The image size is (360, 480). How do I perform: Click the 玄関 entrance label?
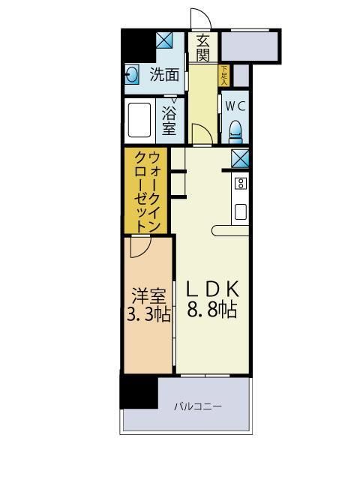pyautogui.click(x=203, y=48)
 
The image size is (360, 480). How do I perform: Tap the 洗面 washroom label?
pyautogui.click(x=164, y=74)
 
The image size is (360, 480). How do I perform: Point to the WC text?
pyautogui.click(x=235, y=106)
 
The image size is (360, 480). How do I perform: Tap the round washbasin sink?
pyautogui.click(x=133, y=74)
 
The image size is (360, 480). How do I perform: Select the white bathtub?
pyautogui.click(x=141, y=118)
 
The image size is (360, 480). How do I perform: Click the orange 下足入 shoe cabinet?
pyautogui.click(x=223, y=74)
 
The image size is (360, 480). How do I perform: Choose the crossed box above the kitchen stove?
pyautogui.click(x=241, y=159)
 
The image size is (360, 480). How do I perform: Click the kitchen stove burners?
pyautogui.click(x=241, y=183)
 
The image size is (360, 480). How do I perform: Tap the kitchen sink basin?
pyautogui.click(x=241, y=211)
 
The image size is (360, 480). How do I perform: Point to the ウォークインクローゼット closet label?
pyautogui.click(x=145, y=192)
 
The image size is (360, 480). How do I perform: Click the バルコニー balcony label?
pyautogui.click(x=198, y=406)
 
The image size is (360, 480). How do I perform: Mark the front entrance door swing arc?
pyautogui.click(x=199, y=18)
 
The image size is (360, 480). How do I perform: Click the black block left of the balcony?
pyautogui.click(x=138, y=391)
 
